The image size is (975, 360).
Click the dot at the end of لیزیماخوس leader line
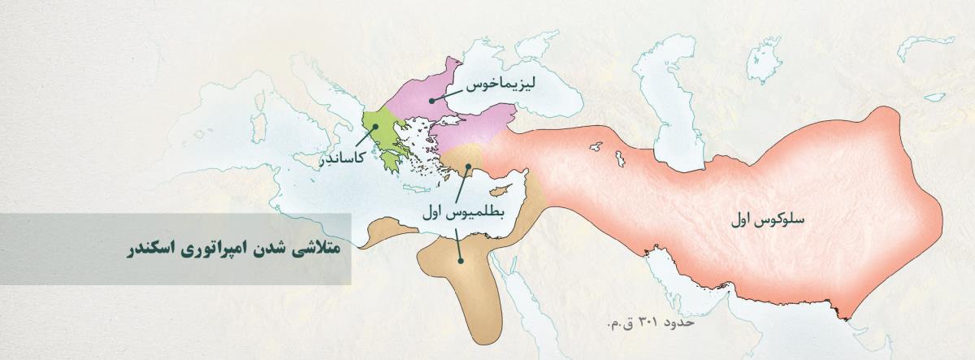click(x=431, y=101)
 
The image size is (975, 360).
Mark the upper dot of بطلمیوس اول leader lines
click(x=468, y=167)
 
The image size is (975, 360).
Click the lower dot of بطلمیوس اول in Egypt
click(x=460, y=261)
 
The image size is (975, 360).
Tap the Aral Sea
click(x=765, y=61)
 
